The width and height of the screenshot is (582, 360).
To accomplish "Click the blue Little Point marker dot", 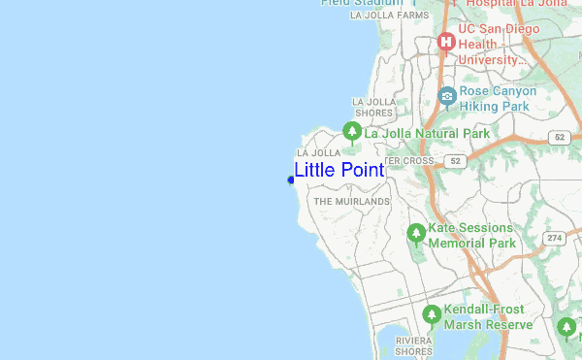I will point(291,180).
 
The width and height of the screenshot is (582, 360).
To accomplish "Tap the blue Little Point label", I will point(339,170).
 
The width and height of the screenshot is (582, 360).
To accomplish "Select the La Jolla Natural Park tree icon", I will point(351,131).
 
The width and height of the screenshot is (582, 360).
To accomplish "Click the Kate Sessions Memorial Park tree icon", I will point(416,233).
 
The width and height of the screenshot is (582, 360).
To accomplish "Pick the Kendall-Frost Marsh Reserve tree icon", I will point(432,314).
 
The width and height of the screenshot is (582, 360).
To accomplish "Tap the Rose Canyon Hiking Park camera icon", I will point(446,95).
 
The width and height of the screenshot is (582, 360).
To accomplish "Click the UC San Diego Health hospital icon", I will point(446,42).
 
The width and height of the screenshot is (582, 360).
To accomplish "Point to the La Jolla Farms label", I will point(389,16).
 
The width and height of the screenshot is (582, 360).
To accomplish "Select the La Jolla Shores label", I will point(372,107).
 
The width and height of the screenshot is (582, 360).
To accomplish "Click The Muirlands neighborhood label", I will point(351,202).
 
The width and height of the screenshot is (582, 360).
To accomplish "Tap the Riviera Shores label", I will point(413,346).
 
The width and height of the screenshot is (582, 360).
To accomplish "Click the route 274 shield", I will point(554,238).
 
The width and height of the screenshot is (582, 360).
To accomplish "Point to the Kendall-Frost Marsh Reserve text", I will point(488,317).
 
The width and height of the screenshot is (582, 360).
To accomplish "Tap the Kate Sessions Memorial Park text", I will point(472,235).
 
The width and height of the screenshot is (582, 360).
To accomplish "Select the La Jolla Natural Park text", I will point(427,133).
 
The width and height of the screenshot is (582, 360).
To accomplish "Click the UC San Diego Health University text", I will point(494,44).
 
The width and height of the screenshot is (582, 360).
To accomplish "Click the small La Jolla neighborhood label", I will point(318,153).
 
